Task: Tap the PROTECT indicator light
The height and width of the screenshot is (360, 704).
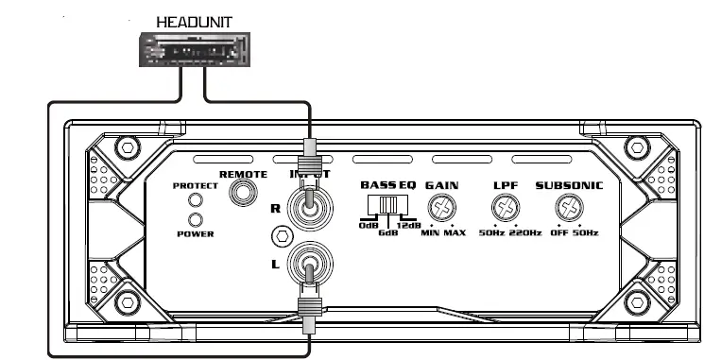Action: [197, 200]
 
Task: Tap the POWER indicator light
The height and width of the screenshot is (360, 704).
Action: [197, 219]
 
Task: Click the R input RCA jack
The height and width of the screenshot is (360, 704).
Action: [309, 207]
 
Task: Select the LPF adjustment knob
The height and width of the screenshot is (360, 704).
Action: [506, 208]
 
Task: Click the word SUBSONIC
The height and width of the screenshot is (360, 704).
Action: [569, 185]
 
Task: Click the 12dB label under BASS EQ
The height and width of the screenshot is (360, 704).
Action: [409, 226]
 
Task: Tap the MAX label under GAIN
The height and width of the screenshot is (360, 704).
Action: [455, 232]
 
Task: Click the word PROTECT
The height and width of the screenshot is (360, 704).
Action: [196, 186]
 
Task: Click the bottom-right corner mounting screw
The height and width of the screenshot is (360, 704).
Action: [633, 304]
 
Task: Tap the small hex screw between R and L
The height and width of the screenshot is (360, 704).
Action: [279, 235]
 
